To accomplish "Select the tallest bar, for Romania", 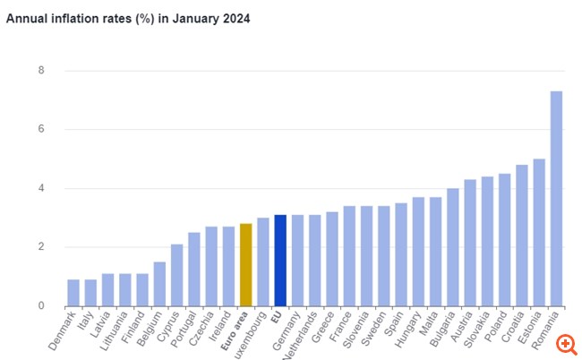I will pyautogui.click(x=556, y=198).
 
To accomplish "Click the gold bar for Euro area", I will pyautogui.click(x=246, y=265).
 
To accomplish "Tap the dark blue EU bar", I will pyautogui.click(x=280, y=261).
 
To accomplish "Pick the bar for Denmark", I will pyautogui.click(x=73, y=293).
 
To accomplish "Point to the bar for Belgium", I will pyautogui.click(x=159, y=284).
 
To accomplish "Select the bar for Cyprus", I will pyautogui.click(x=177, y=275).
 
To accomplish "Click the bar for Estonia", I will pyautogui.click(x=539, y=232).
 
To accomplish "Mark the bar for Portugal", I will pyautogui.click(x=194, y=270).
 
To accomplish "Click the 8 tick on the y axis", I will pyautogui.click(x=40, y=71).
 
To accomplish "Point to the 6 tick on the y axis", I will pyautogui.click(x=40, y=129).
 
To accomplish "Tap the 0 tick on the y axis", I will pyautogui.click(x=40, y=306).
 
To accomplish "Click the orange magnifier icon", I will pyautogui.click(x=565, y=343).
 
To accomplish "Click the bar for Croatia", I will pyautogui.click(x=522, y=236).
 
